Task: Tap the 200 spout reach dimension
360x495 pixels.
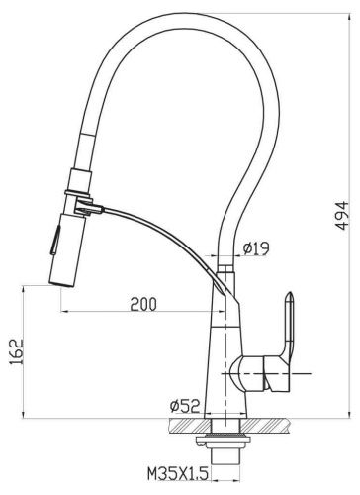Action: coord(144,303)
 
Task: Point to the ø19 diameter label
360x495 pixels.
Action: coord(255,250)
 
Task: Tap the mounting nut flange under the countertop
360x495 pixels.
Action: coord(225,437)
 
